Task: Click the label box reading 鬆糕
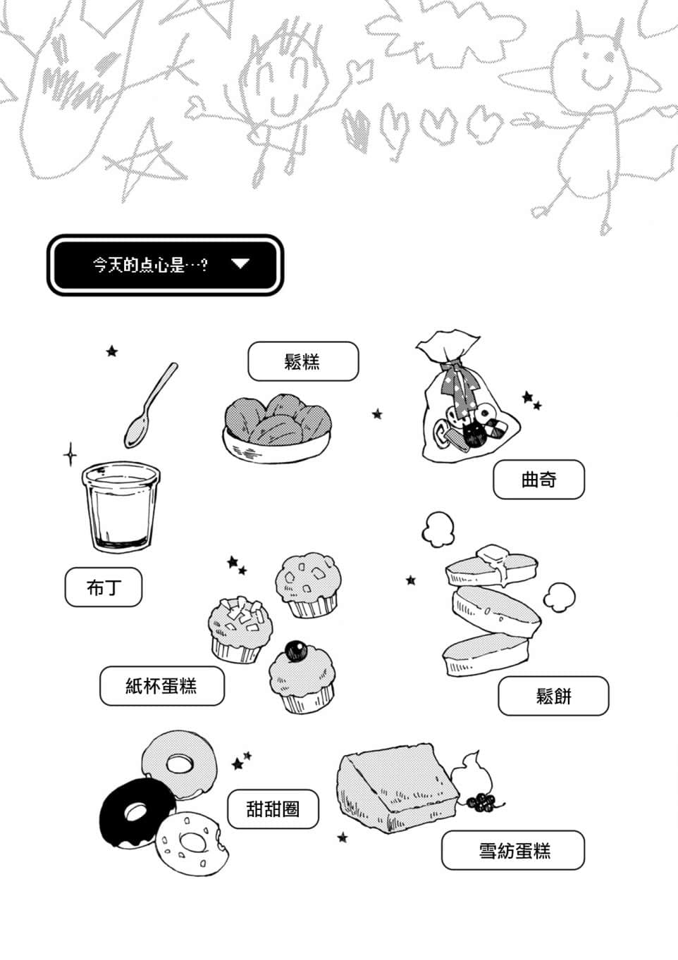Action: pos(303,361)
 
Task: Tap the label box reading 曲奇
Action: pos(538,480)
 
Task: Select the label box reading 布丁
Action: pos(104,587)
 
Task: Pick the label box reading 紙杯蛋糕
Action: pos(161,686)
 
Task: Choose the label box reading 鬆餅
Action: pos(553,696)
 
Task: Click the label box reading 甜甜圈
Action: pos(273,809)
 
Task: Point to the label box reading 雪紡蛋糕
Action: pos(513,850)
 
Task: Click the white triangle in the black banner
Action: pos(240,264)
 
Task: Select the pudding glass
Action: pos(118,506)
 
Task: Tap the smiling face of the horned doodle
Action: pos(591,64)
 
